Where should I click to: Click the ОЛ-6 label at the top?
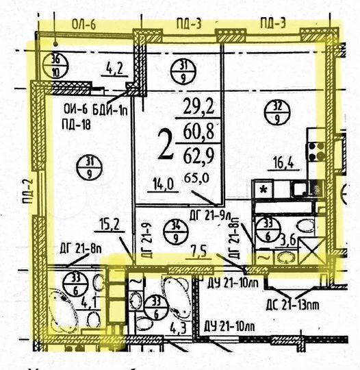click(81, 25)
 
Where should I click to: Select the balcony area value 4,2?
click(113, 69)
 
